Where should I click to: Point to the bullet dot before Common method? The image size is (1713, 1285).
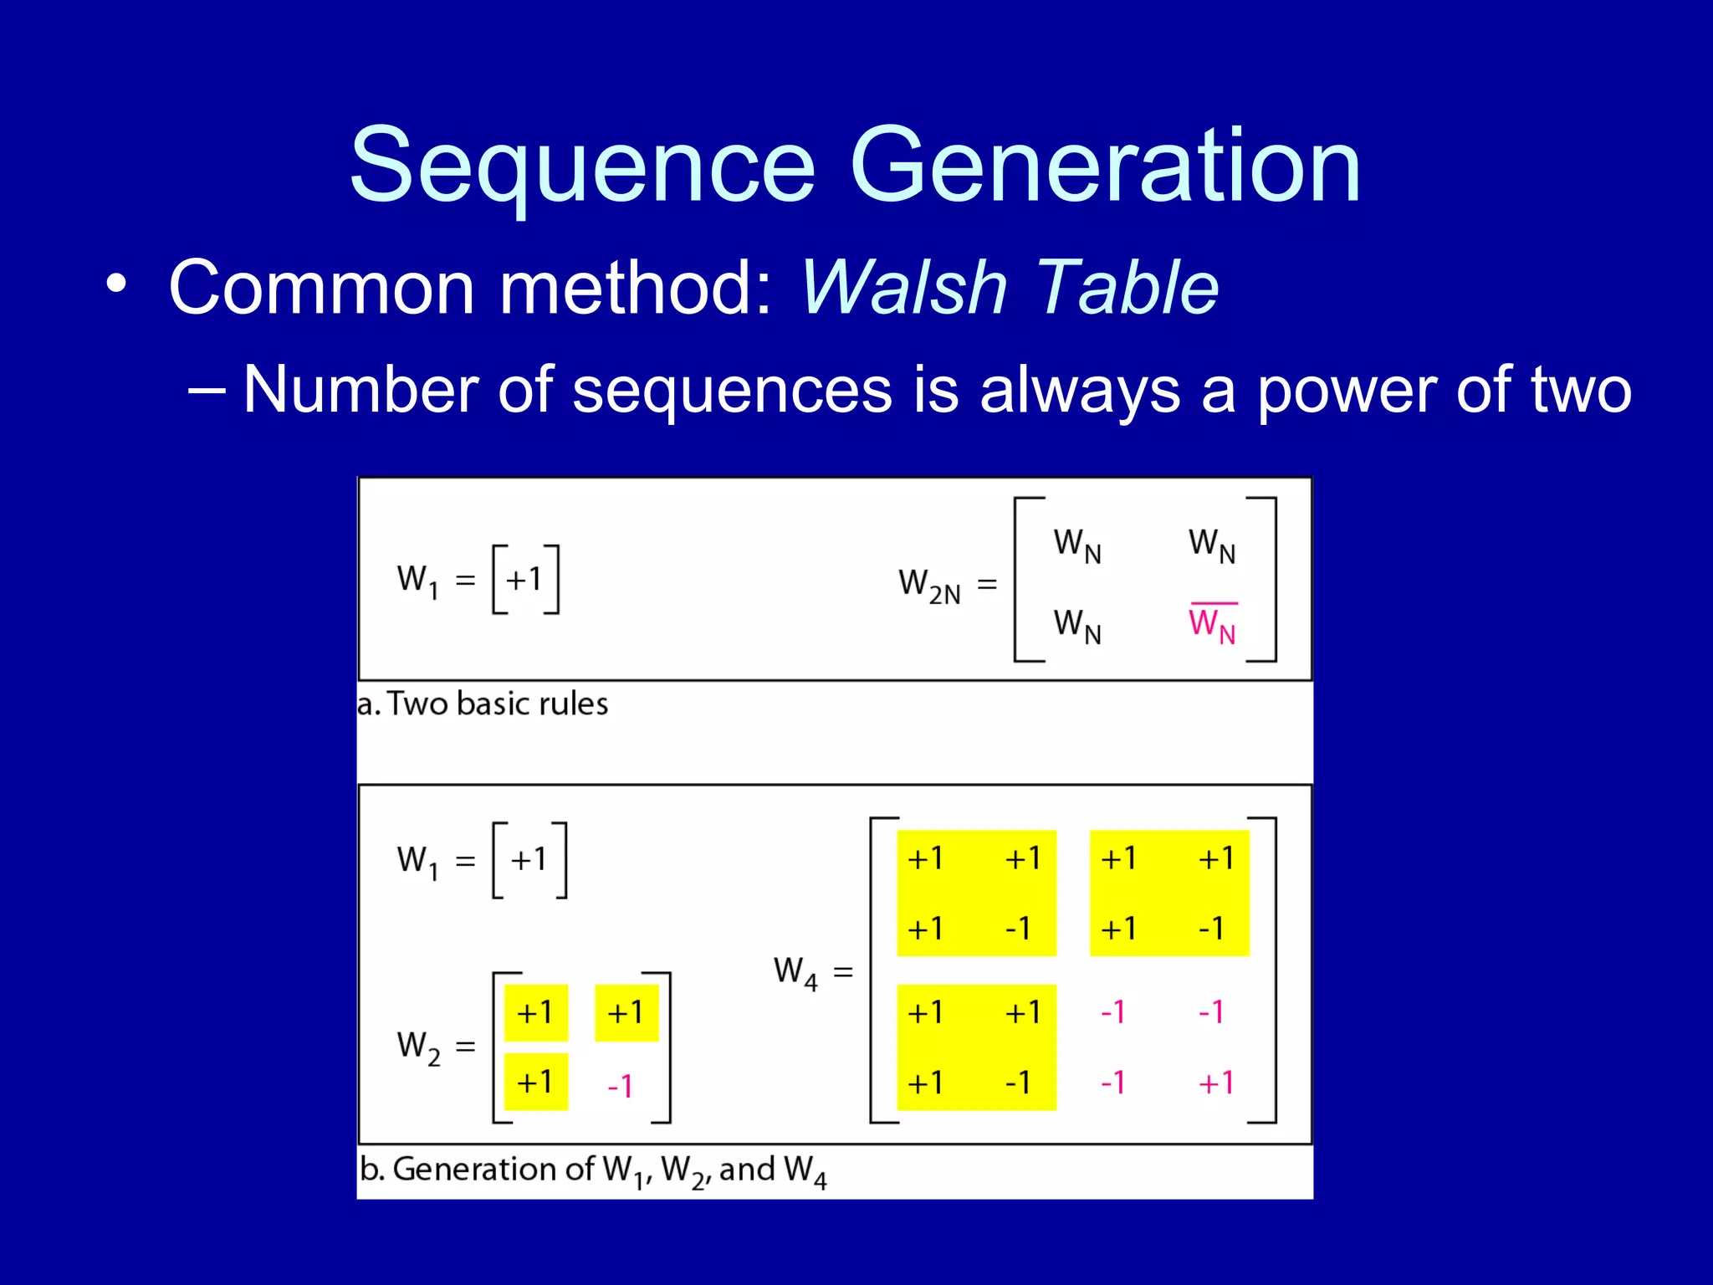point(117,284)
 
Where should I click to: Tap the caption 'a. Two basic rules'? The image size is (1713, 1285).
point(483,704)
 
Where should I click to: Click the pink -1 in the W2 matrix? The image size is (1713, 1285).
point(620,1086)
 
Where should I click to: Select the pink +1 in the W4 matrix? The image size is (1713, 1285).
point(1215,1083)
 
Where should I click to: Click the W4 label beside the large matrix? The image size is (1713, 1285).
point(795,972)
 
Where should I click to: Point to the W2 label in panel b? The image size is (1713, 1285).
point(418,1047)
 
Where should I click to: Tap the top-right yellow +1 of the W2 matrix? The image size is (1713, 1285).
point(626,1013)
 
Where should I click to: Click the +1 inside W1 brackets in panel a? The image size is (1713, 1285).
point(524,579)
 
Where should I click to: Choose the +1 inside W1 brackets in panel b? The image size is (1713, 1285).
point(529,859)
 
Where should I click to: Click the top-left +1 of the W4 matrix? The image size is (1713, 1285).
point(925,858)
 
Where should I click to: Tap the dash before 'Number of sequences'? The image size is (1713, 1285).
point(207,390)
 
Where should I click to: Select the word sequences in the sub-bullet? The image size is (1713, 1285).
point(732,390)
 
